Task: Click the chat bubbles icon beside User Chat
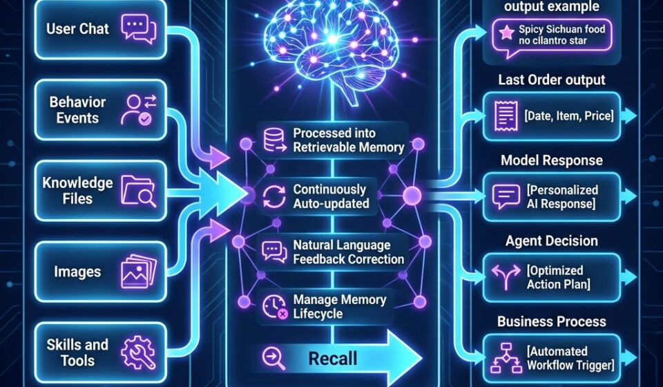pos(138,29)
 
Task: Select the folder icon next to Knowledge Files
pos(138,191)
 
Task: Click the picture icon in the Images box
pos(138,271)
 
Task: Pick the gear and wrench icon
pos(138,352)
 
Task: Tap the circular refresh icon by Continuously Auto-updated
pos(274,197)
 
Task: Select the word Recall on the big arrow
pos(333,359)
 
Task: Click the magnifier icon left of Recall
pos(273,358)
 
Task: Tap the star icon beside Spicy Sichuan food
pos(506,32)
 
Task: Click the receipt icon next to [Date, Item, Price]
pos(506,115)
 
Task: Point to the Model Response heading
pos(552,160)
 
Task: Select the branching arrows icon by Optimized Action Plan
pos(506,276)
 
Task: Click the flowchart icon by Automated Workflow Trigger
pos(506,358)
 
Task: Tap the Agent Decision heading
pos(552,241)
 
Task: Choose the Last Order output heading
pos(552,80)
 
